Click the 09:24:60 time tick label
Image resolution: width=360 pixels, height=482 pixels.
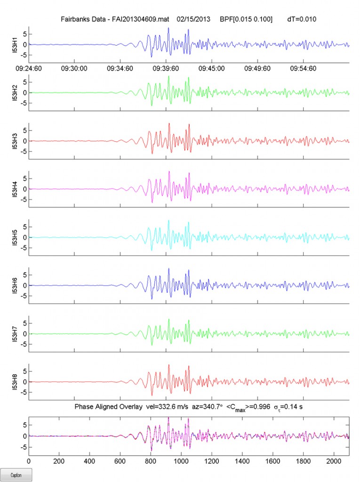(29, 68)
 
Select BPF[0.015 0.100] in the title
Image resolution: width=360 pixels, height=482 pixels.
(246, 20)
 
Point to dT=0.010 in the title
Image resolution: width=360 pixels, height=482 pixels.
(302, 20)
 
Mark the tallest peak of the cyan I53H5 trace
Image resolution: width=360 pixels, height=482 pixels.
(168, 220)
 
